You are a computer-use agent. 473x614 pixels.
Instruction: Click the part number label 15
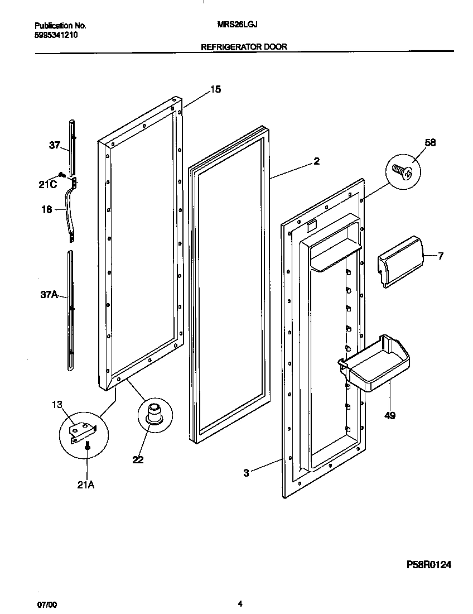click(x=215, y=89)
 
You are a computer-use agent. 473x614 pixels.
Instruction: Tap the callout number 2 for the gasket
click(x=316, y=162)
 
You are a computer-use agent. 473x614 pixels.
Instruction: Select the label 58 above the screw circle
click(x=429, y=143)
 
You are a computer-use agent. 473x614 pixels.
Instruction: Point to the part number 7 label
click(x=441, y=256)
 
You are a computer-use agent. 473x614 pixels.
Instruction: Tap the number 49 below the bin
click(x=390, y=415)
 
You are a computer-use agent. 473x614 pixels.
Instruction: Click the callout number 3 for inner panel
click(x=246, y=473)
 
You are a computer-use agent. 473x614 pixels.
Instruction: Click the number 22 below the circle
click(x=138, y=459)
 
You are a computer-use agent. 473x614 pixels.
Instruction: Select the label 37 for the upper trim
click(x=54, y=146)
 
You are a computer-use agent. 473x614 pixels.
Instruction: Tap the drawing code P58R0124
click(x=421, y=565)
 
